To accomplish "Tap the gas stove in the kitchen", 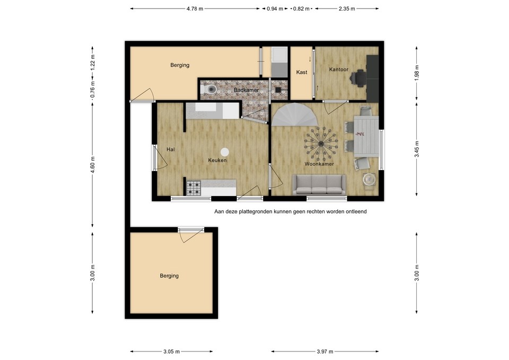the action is point(194,188).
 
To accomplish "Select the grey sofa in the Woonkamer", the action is point(319,185).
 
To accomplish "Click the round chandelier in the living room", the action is point(321,144).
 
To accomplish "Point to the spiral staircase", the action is point(294,115).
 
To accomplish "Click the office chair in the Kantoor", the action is point(359,78).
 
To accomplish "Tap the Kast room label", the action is point(302,72).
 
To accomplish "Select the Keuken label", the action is point(217,160).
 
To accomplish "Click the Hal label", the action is point(170,150).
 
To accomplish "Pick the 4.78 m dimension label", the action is point(195,9).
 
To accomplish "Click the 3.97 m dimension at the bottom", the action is point(325,351).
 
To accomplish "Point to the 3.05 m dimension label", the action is point(171,351).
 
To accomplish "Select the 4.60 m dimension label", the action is point(92,165).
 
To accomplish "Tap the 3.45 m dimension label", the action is point(417,150).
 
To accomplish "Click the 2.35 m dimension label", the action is point(347,9).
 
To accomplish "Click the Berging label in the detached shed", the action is point(169,276).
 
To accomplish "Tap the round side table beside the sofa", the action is point(369,179).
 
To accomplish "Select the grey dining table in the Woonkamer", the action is point(366,136).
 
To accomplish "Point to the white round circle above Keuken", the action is point(225,152).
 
